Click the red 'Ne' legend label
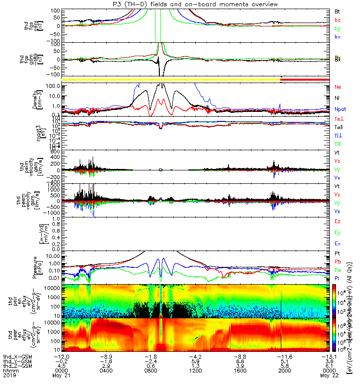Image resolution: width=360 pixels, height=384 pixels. pos(337,87)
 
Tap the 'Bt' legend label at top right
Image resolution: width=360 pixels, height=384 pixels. pos(337,11)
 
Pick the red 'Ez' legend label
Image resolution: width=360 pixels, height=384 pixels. pos(337,221)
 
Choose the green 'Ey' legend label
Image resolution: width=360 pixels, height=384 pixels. pos(337,232)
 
